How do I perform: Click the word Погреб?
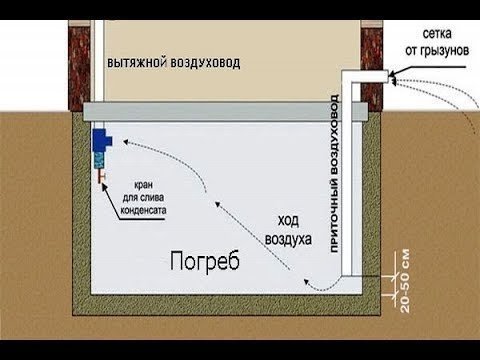[x=205, y=261]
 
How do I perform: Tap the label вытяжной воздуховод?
[x=173, y=63]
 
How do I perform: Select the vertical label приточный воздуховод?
[x=334, y=173]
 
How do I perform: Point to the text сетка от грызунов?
[x=437, y=43]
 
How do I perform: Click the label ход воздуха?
[x=288, y=230]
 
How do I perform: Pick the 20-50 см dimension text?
[x=405, y=281]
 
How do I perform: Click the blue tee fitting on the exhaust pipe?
[x=102, y=140]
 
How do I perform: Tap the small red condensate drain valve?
[x=101, y=176]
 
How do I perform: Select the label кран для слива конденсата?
[x=143, y=198]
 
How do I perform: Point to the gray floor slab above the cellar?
[x=225, y=112]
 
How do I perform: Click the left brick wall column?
[x=79, y=66]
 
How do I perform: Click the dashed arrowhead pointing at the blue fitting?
[x=126, y=142]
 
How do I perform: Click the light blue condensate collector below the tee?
[x=100, y=160]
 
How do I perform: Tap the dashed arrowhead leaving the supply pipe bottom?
[x=307, y=282]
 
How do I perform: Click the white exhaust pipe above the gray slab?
[x=99, y=61]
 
